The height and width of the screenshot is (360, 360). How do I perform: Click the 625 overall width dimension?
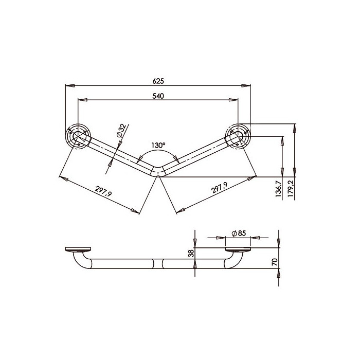click(158, 81)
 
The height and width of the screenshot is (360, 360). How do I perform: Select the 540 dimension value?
click(158, 96)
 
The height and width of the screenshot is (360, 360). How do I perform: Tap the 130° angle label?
click(158, 146)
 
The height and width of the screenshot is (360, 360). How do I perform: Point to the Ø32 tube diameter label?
click(121, 131)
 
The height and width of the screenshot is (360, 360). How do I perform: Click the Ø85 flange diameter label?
click(239, 233)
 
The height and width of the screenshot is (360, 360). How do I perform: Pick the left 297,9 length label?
click(103, 191)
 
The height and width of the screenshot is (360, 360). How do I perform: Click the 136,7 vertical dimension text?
click(279, 189)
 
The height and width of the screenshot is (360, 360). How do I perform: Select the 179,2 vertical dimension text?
click(291, 189)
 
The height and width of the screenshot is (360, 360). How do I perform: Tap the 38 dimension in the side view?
click(191, 254)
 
